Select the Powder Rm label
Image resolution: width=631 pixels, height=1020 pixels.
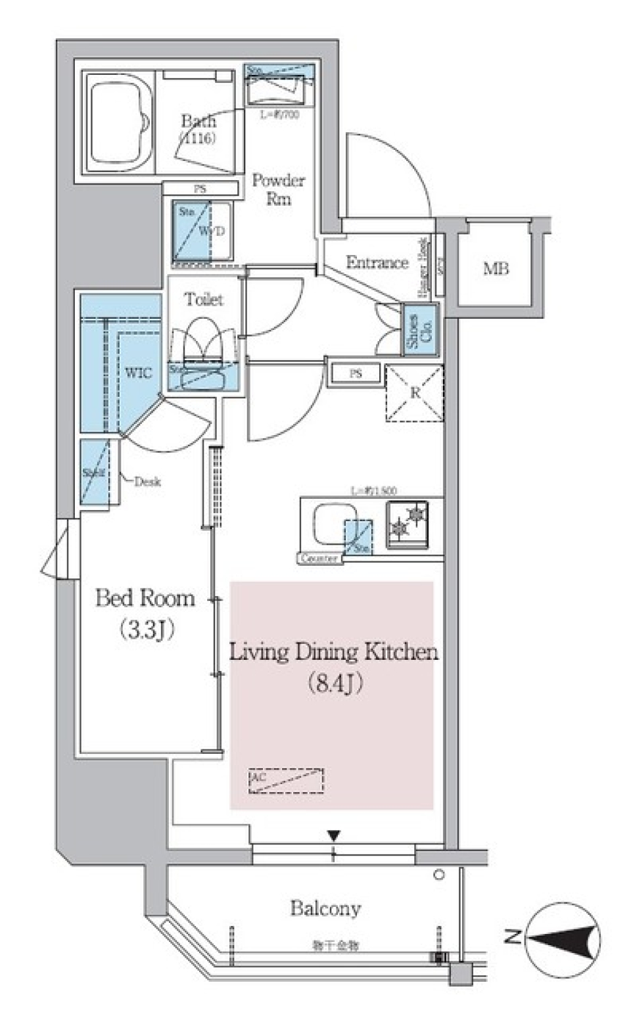click(278, 189)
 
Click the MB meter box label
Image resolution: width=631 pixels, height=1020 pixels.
click(496, 268)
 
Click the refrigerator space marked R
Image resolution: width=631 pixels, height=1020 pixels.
click(415, 393)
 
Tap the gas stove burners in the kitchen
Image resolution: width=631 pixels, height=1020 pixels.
click(407, 524)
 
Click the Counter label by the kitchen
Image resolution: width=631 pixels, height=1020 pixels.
click(319, 559)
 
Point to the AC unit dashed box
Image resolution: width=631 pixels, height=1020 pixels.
click(286, 781)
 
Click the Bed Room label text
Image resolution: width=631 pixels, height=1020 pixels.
click(145, 598)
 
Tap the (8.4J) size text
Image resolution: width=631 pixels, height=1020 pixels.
click(335, 684)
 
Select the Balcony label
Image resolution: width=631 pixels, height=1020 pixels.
click(325, 908)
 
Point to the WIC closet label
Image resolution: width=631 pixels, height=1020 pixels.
click(138, 373)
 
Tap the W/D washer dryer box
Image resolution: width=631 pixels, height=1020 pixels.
click(202, 232)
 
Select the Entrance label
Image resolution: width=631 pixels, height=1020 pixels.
click(377, 262)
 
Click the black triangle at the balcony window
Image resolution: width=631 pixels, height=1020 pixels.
click(334, 836)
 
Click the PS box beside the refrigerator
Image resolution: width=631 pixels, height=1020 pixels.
click(356, 373)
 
